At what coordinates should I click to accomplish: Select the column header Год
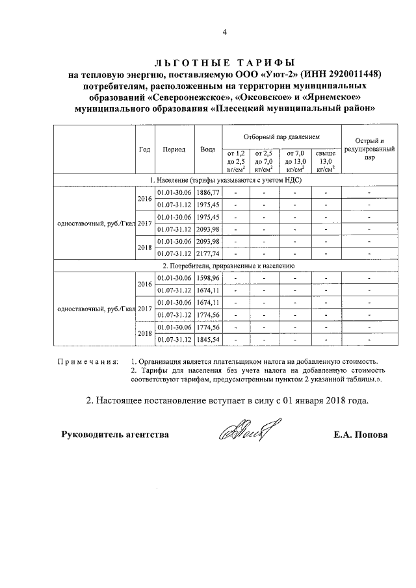145,149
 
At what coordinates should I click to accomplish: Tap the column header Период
174,149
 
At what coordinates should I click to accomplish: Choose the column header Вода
208,149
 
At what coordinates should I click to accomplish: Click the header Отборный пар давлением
282,138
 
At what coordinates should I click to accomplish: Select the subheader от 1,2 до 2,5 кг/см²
235,160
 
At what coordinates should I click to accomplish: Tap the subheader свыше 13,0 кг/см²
326,160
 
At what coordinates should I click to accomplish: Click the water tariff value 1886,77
208,193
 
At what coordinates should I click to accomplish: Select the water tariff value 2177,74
208,253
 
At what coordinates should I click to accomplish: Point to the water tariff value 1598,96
208,278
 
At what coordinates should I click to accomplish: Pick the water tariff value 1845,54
208,339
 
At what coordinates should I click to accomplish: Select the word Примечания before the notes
86,361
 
